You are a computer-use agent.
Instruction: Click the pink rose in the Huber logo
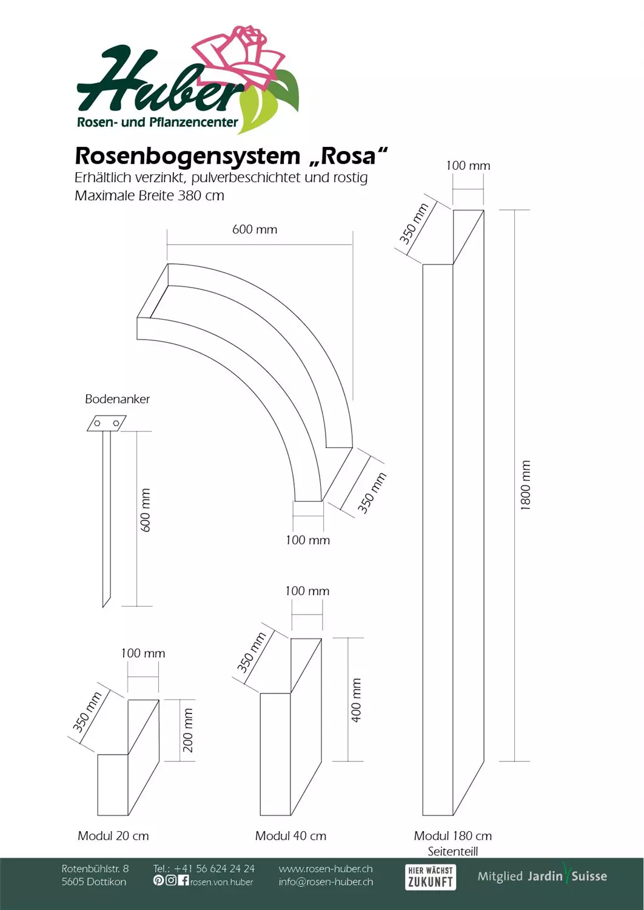tap(240, 57)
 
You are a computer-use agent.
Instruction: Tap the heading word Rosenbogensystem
tap(187, 157)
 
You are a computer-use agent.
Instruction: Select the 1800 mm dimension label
tap(525, 485)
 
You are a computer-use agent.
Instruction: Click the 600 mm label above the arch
tap(255, 229)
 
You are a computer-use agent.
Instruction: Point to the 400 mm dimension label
tap(356, 700)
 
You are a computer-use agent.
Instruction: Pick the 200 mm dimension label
tap(188, 730)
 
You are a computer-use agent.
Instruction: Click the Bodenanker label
tap(118, 399)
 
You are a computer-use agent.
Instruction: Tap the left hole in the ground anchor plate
tap(98, 423)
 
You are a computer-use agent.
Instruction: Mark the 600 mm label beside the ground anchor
tap(145, 510)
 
